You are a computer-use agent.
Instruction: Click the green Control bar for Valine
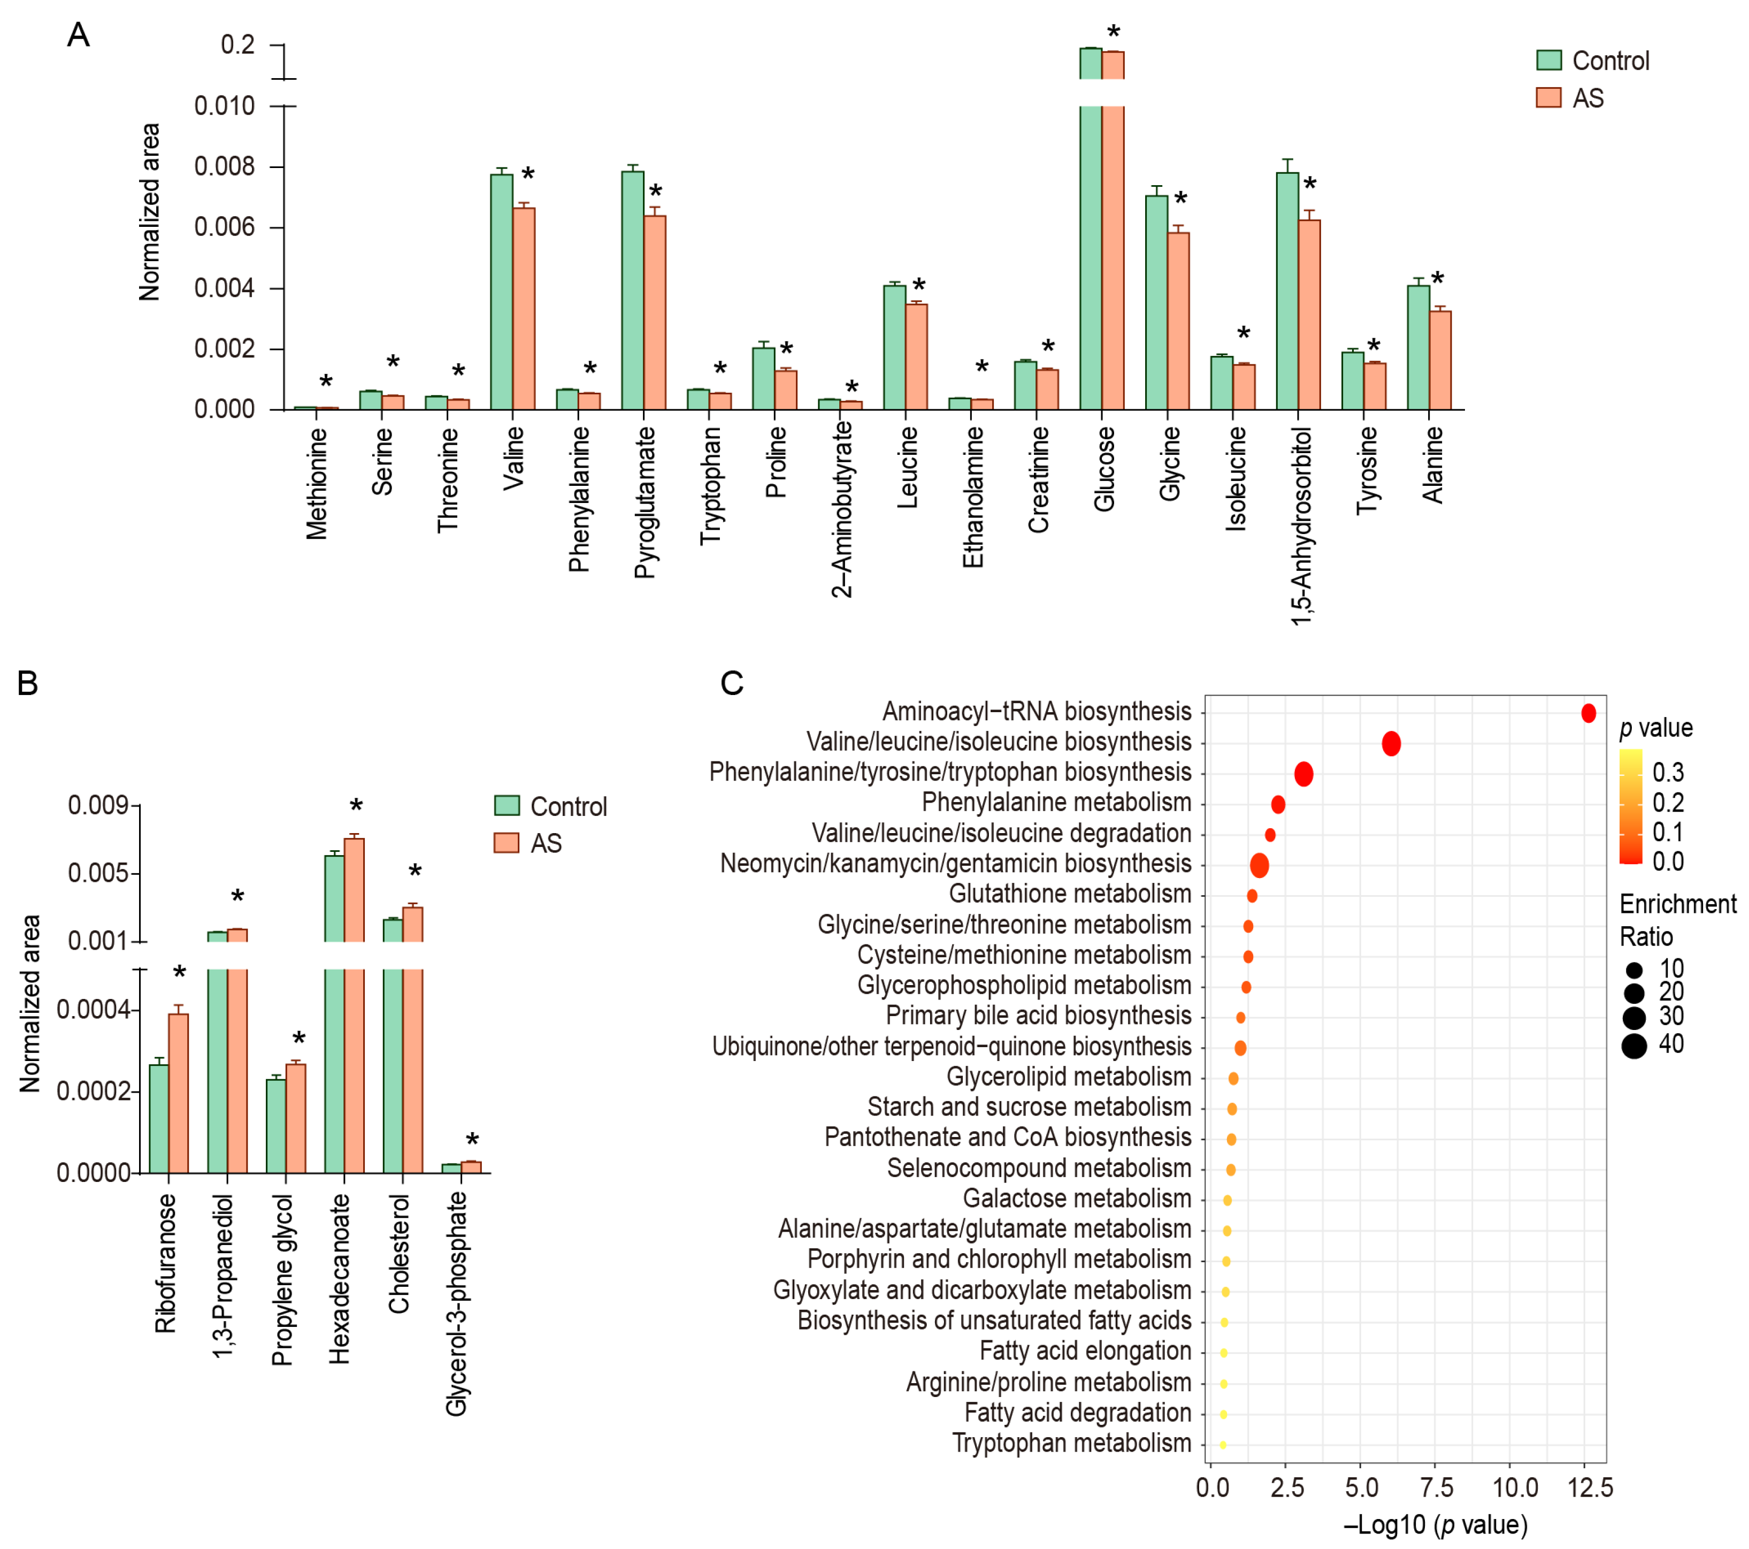[501, 291]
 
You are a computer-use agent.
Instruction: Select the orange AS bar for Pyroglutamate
[655, 312]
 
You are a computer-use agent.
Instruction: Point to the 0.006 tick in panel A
[224, 227]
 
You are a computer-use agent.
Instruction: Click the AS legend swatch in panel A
[1549, 97]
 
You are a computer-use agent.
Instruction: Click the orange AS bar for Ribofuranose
[178, 1093]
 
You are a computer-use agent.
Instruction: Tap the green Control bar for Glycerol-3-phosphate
[451, 1168]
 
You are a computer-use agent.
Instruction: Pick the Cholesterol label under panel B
[399, 1254]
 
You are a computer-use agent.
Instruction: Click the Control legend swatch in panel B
[507, 805]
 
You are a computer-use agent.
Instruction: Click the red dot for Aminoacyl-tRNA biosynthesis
[1588, 713]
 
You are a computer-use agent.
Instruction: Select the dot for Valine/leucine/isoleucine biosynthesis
[1391, 744]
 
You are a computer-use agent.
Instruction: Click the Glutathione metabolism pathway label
[1070, 894]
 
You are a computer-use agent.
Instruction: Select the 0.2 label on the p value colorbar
[1668, 803]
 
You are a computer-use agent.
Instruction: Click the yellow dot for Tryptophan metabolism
[1223, 1445]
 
